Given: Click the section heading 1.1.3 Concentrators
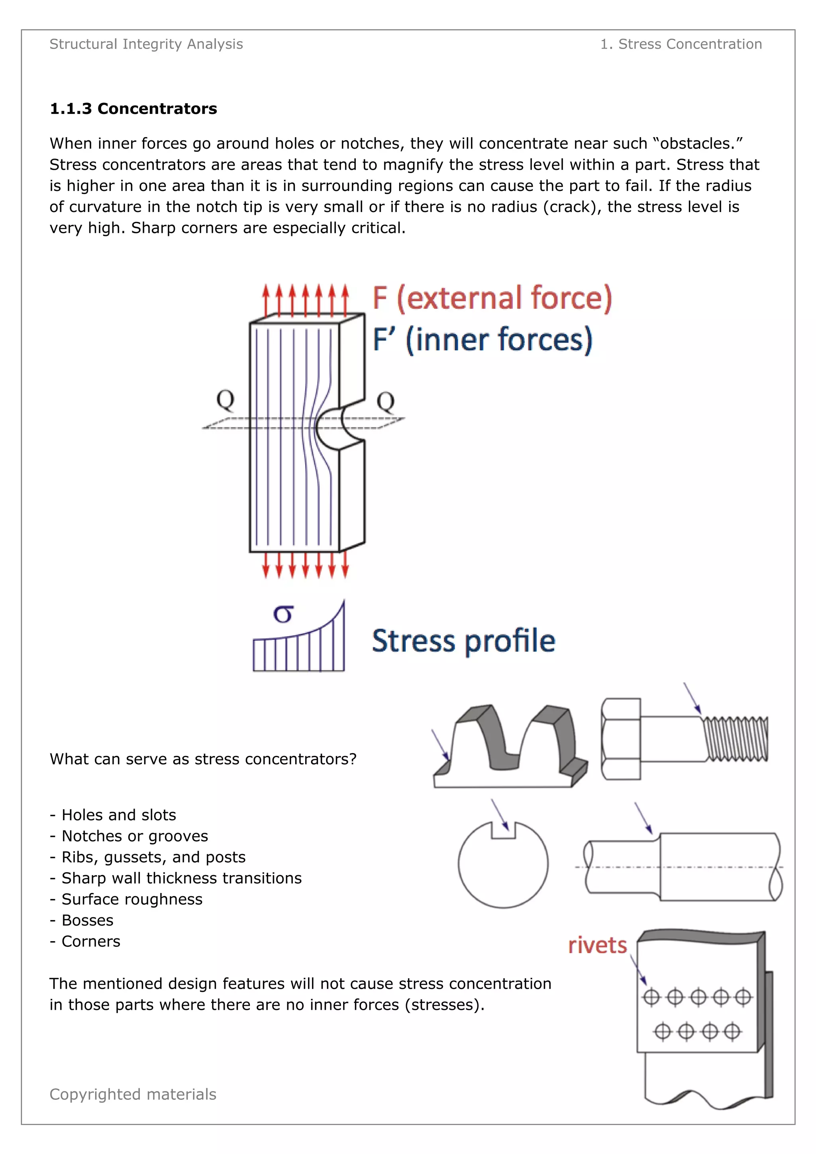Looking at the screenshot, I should (133, 108).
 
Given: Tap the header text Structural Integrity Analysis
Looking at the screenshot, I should (146, 44).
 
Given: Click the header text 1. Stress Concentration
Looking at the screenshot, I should (681, 44).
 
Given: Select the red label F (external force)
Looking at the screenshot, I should (492, 298).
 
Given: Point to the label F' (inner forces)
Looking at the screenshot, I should (483, 340).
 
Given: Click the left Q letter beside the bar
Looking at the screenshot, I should (225, 400).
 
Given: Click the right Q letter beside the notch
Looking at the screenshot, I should (386, 401).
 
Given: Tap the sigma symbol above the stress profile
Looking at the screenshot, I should (283, 614).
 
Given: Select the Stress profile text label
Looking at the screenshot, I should (463, 641).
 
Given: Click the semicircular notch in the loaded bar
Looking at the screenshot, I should (337, 427).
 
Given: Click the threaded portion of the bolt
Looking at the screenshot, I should (736, 739).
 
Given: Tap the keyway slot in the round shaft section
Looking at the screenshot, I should (504, 831).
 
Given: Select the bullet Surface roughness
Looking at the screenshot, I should (131, 899).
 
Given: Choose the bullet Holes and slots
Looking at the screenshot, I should (119, 815).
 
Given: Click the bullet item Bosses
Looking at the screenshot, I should (87, 920).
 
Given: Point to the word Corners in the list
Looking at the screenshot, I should (91, 941).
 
